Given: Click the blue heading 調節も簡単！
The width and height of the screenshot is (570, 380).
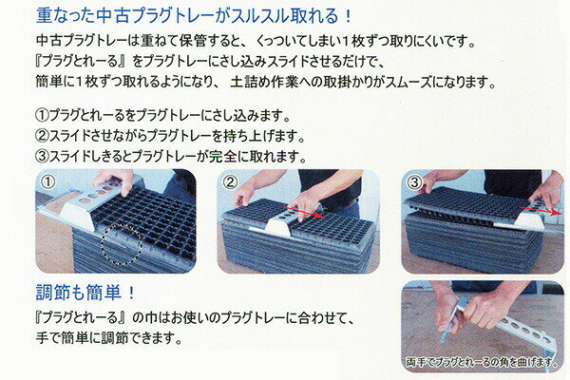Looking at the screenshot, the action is pyautogui.click(x=85, y=293).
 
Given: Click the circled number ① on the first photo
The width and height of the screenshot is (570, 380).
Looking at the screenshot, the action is pyautogui.click(x=48, y=181).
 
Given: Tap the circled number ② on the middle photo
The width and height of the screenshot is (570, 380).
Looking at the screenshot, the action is pyautogui.click(x=230, y=181).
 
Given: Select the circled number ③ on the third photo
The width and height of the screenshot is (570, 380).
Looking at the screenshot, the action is pyautogui.click(x=414, y=181).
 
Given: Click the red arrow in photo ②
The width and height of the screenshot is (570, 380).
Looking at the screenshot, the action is pyautogui.click(x=304, y=213).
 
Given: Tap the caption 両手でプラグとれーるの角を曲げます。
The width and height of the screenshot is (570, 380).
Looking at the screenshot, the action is pyautogui.click(x=482, y=362).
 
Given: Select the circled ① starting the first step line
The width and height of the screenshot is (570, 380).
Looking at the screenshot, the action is pyautogui.click(x=42, y=115).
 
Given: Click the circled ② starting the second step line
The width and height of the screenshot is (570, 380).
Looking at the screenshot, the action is pyautogui.click(x=42, y=136).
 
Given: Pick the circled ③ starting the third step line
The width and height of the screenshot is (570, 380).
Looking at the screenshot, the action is pyautogui.click(x=42, y=157).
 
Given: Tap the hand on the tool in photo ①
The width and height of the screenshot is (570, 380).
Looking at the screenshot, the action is pyautogui.click(x=113, y=180).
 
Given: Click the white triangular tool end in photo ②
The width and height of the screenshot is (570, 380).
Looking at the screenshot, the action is pyautogui.click(x=277, y=226).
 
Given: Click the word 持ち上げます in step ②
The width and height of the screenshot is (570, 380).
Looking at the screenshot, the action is pyautogui.click(x=263, y=137).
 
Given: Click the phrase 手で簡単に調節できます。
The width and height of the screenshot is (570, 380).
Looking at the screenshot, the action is pyautogui.click(x=108, y=338).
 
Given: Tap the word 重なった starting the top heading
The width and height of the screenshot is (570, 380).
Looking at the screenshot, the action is pyautogui.click(x=66, y=16).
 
